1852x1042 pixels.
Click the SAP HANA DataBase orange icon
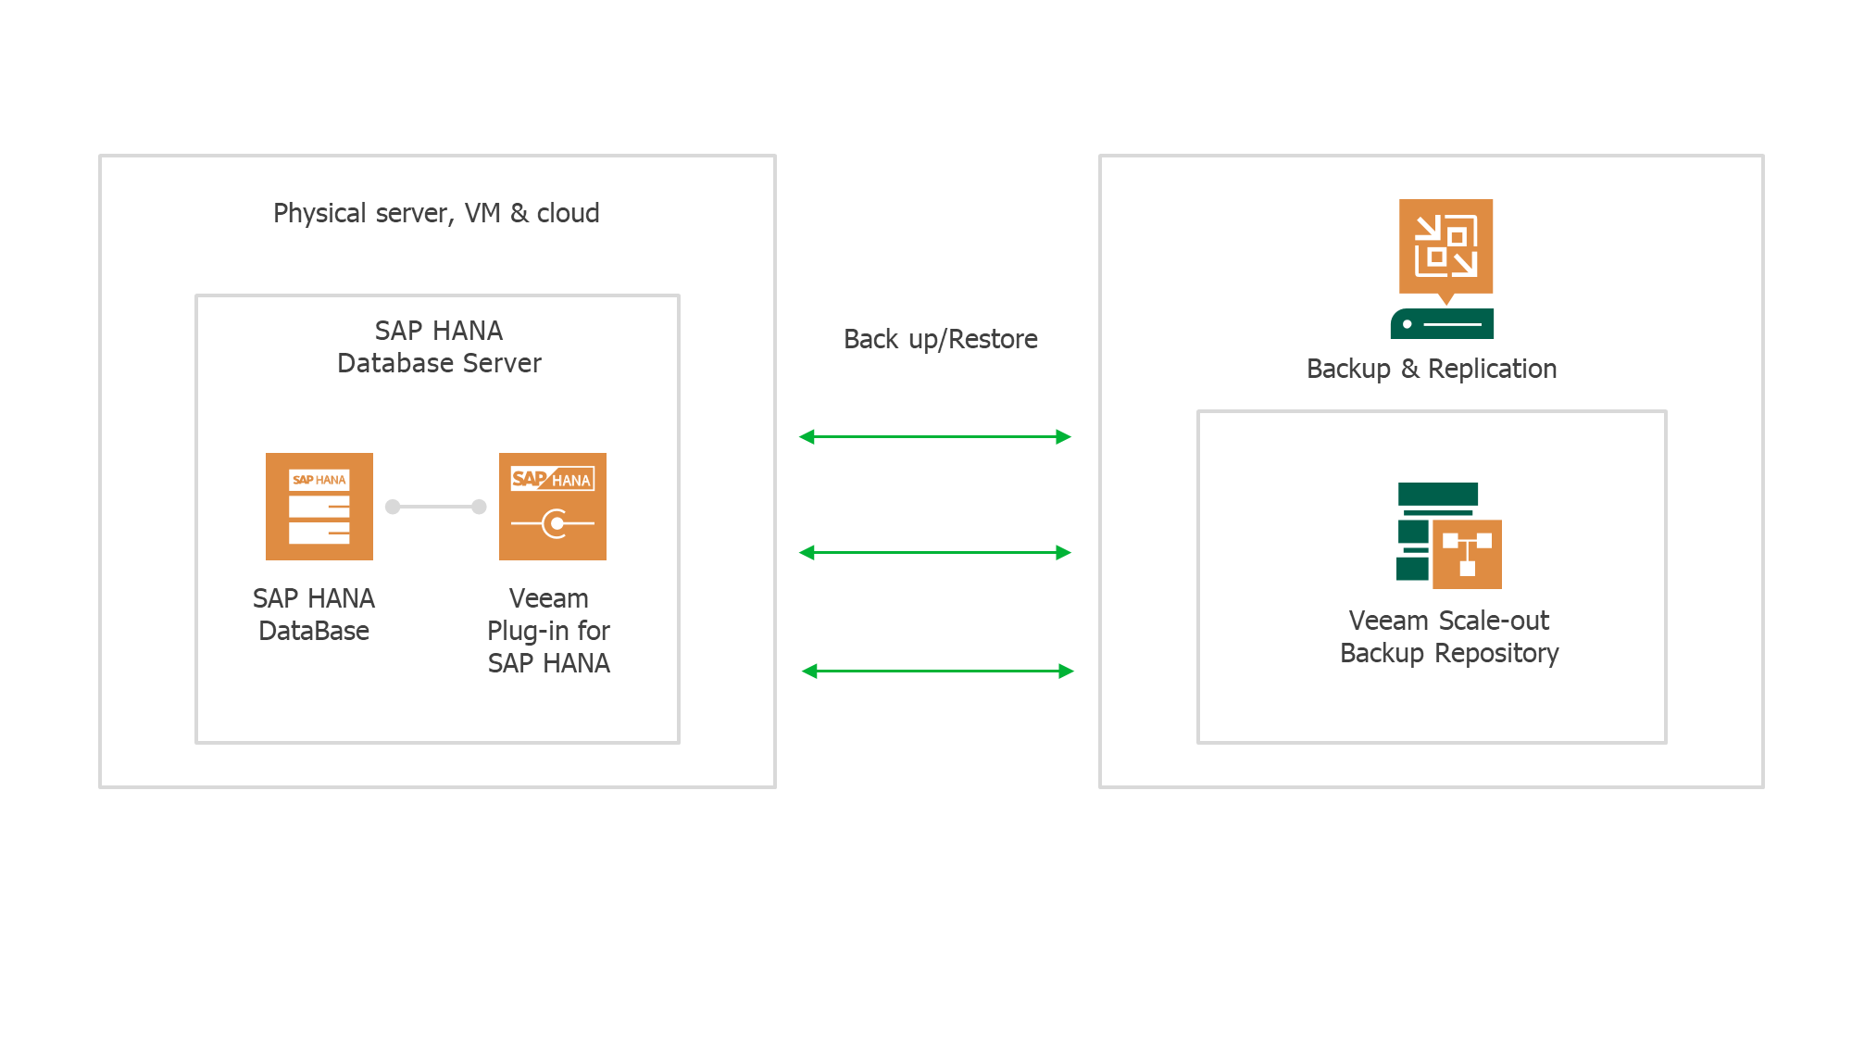pyautogui.click(x=319, y=507)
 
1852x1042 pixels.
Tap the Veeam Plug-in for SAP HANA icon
pyautogui.click(x=553, y=507)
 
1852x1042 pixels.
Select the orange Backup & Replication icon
pyautogui.click(x=1445, y=246)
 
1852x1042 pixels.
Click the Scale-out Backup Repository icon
pyautogui.click(x=1449, y=535)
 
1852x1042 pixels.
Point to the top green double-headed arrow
pyautogui.click(x=935, y=436)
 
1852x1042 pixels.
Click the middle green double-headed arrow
pyautogui.click(x=935, y=552)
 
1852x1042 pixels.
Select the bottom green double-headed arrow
pyautogui.click(x=937, y=671)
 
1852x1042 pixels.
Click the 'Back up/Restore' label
pyautogui.click(x=940, y=339)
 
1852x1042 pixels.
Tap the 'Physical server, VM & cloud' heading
pyautogui.click(x=436, y=213)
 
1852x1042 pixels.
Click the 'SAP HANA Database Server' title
pyautogui.click(x=439, y=346)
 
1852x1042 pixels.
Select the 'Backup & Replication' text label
pyautogui.click(x=1432, y=369)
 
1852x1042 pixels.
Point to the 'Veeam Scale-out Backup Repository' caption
pyautogui.click(x=1449, y=636)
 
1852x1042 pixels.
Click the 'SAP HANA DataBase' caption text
pyautogui.click(x=314, y=614)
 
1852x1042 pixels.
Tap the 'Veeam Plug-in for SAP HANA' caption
pyautogui.click(x=549, y=631)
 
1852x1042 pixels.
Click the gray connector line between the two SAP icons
pyautogui.click(x=436, y=507)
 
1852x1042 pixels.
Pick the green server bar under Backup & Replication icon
pyautogui.click(x=1442, y=324)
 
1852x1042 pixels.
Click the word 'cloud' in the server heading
pyautogui.click(x=568, y=213)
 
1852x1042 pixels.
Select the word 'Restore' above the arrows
pyautogui.click(x=993, y=339)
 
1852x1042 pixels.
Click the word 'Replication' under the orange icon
pyautogui.click(x=1492, y=369)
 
